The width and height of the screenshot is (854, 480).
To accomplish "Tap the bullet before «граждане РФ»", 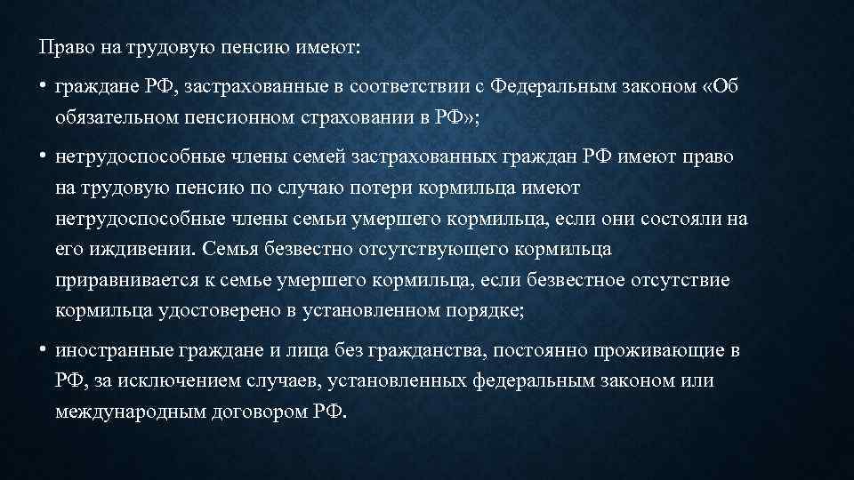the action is coord(42,86).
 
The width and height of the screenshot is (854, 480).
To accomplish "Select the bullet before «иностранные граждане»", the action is coord(42,349).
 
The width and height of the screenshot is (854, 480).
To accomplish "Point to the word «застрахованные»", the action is coord(255,87).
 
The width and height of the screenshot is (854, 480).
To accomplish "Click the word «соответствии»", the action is coord(409,86).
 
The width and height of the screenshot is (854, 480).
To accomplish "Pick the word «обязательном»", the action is coord(117,117).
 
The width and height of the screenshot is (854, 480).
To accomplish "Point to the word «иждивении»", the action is coord(141,250).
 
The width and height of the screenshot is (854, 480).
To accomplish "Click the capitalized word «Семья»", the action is coord(230,249).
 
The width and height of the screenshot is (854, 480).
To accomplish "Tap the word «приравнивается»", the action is coord(127,281).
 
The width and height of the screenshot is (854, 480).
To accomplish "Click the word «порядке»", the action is coord(485,311).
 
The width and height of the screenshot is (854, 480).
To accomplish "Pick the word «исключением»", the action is coord(179,381).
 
